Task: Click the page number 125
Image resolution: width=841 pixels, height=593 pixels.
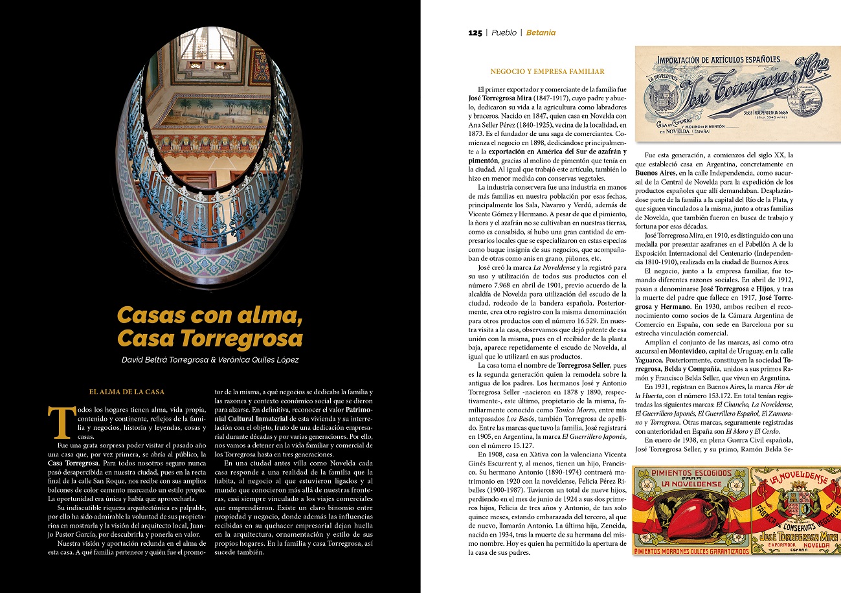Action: click(x=475, y=33)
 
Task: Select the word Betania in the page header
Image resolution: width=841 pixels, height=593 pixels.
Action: click(x=541, y=33)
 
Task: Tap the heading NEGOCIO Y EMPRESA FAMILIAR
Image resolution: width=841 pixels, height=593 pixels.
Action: click(x=547, y=71)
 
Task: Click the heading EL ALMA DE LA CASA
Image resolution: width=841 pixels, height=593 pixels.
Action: click(x=127, y=392)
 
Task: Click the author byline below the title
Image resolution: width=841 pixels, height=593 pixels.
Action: click(x=210, y=359)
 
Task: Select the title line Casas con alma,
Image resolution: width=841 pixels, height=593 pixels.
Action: click(x=210, y=316)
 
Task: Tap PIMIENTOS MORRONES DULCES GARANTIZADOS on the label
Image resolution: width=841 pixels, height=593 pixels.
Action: click(x=691, y=551)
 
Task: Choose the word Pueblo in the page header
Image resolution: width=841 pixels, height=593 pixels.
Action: click(x=504, y=33)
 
